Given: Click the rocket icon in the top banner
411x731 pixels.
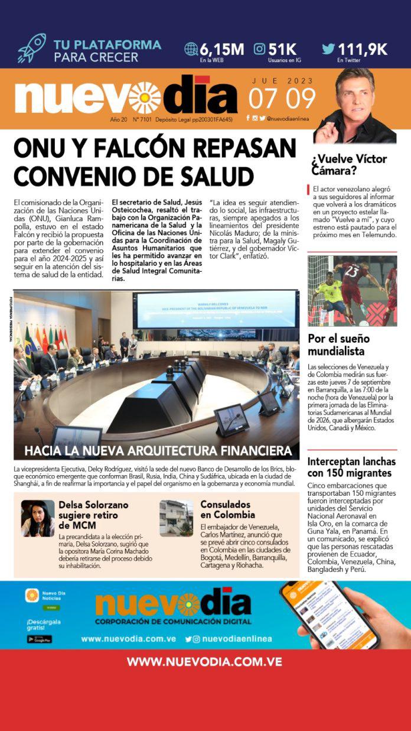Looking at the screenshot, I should coord(31,48).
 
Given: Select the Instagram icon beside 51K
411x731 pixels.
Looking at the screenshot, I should coord(259,49).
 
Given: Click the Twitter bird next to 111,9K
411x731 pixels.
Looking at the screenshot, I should coord(328,49).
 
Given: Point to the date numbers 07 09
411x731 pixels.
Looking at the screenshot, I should coord(282,98).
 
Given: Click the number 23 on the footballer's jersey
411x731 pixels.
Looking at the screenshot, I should coord(353,272).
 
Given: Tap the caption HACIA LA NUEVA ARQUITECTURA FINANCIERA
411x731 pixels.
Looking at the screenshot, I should coord(158,451).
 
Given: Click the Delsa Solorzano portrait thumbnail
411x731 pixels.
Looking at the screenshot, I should coord(38,518).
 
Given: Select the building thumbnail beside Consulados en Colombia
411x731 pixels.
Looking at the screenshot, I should coord(176,518).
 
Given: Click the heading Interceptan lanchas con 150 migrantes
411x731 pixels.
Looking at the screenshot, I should coord(351,467).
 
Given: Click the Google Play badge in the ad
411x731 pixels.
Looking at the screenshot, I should coord(39,639).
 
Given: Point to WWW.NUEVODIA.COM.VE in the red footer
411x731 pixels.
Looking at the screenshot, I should coord(204,661).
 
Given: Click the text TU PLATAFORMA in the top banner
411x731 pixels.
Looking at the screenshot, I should coord(107,44).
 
